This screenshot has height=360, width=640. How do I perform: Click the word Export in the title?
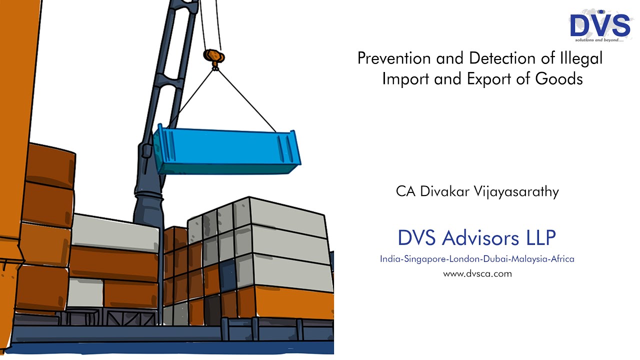point(487,79)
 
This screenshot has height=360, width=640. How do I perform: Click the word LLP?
point(540,238)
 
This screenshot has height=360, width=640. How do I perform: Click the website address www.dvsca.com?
point(477,274)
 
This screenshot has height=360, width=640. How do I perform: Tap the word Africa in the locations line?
point(562,259)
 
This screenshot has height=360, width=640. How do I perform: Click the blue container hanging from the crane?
point(225,150)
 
